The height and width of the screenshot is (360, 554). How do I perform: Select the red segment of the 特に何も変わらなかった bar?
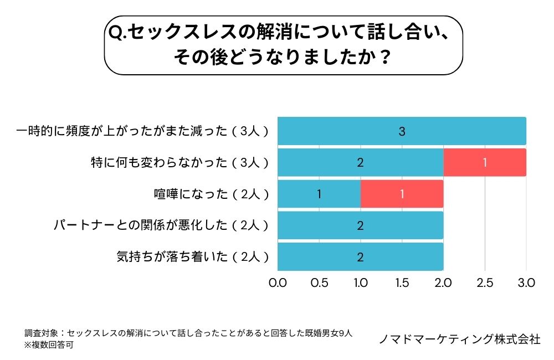(484, 162)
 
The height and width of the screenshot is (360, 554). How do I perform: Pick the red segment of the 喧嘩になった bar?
(402, 194)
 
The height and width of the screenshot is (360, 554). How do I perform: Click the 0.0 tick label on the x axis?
(277, 282)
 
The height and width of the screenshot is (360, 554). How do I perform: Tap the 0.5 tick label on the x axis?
(319, 282)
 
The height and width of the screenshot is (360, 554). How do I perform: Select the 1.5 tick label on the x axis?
(402, 282)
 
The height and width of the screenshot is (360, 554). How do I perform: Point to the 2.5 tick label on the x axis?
(485, 282)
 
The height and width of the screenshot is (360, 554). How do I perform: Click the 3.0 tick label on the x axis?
(526, 282)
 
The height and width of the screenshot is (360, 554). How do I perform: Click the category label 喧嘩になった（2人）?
(212, 194)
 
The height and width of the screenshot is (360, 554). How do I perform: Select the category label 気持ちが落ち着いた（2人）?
(193, 257)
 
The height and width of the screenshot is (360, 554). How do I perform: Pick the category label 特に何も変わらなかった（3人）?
(180, 162)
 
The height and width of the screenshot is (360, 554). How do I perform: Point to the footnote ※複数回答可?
(49, 344)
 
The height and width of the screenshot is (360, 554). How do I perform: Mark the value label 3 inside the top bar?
(402, 131)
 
